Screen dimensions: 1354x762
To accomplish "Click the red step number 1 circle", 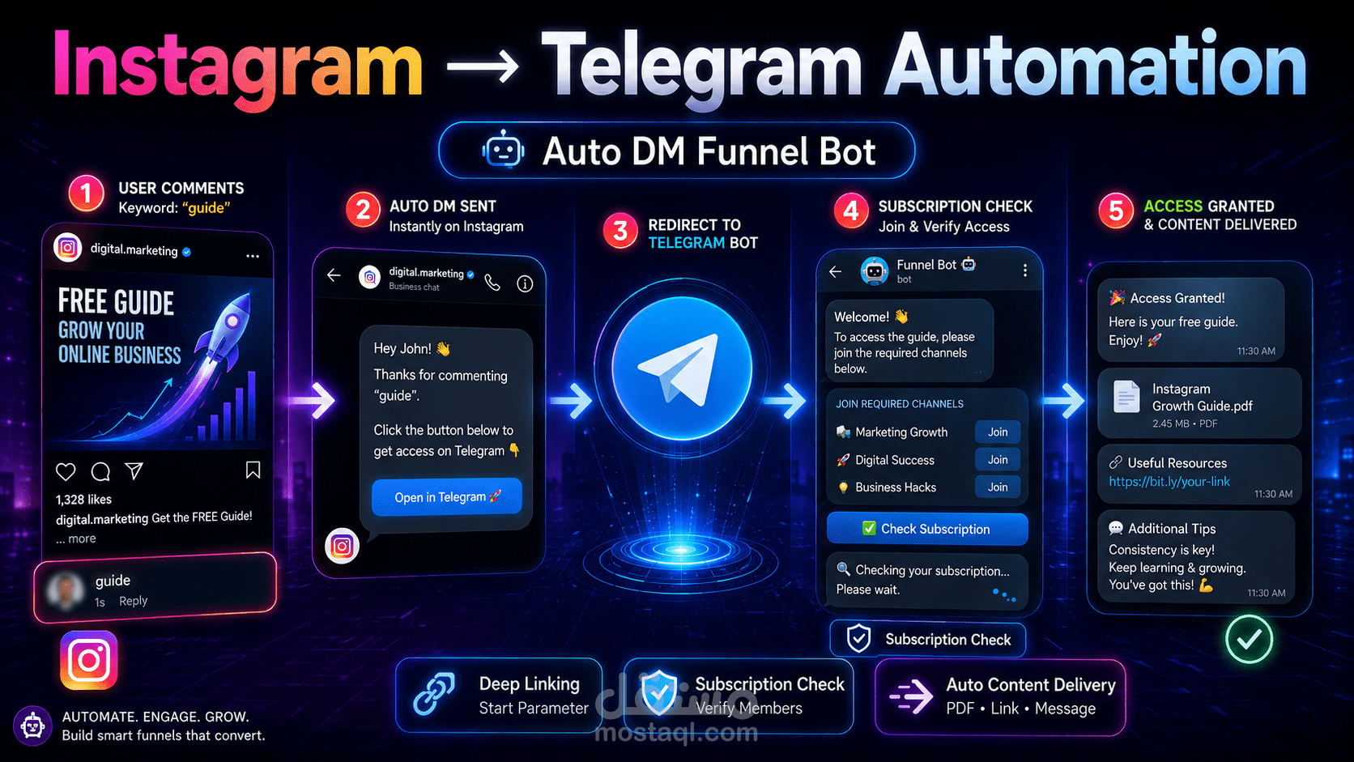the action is coord(86,194).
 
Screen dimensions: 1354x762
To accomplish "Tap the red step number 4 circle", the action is coord(851,211).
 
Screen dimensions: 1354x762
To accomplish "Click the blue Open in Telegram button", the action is coord(447,496).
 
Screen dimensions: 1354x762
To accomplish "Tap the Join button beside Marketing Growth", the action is coord(998,432).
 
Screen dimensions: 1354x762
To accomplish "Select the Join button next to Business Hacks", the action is coord(998,487).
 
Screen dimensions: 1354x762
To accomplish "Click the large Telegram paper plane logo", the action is coord(682,368).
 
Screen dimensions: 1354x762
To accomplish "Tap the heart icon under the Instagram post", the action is coord(66,471).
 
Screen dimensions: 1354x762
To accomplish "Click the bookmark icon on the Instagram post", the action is coord(253,470).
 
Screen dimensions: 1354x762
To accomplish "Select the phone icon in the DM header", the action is coord(492,283).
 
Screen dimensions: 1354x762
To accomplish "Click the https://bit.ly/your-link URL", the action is coord(1169,482).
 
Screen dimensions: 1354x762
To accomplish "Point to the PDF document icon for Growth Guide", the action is coord(1126,397).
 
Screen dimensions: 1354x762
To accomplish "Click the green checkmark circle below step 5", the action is coord(1249,640).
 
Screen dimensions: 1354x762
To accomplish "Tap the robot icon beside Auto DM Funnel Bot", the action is coord(503,150).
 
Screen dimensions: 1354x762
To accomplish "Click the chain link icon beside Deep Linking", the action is coord(435,694).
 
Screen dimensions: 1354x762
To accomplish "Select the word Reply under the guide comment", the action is coord(133,601).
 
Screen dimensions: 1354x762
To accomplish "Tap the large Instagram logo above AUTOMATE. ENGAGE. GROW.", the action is coord(89,660).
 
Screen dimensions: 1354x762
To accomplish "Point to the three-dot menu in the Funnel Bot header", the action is coord(1025,270).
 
